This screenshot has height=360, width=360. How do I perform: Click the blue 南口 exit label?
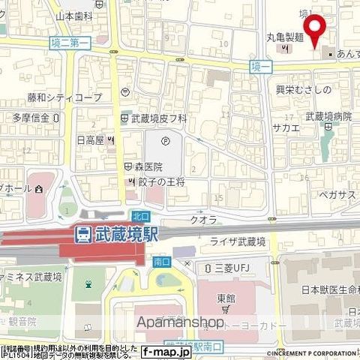point(161,262)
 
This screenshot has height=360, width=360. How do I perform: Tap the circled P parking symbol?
point(166,140)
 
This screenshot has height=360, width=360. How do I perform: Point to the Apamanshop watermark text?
point(180,323)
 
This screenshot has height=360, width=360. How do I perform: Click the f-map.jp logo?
point(166,351)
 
